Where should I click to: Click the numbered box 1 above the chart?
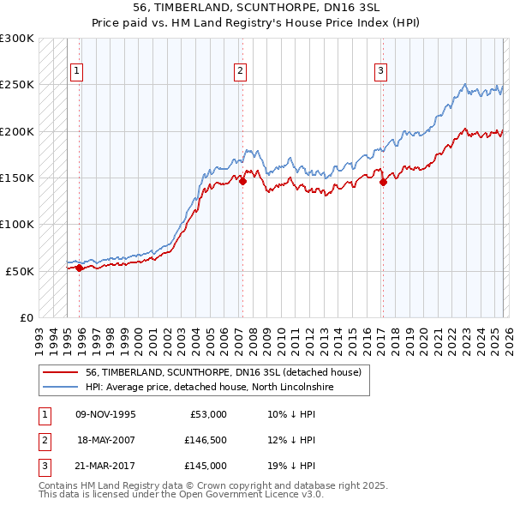click(x=77, y=71)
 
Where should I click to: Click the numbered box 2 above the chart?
click(x=240, y=71)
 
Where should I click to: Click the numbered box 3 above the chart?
click(x=380, y=71)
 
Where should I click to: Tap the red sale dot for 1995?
click(x=79, y=268)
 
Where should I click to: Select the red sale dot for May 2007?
click(x=242, y=181)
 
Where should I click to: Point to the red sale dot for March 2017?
click(x=383, y=182)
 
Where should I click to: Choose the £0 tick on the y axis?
click(x=25, y=317)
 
